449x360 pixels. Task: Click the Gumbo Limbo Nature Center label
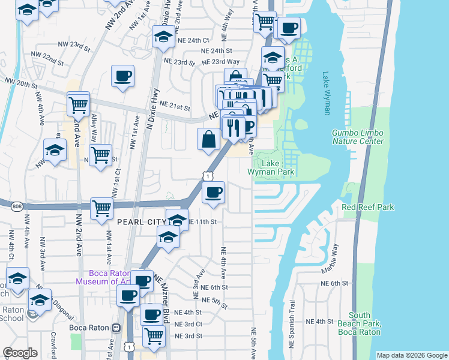(357, 136)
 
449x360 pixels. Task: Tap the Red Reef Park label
(368, 207)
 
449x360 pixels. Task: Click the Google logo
(20, 353)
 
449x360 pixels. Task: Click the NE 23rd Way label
(221, 62)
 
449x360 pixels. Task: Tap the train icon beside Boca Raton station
(116, 329)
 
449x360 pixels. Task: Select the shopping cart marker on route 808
(102, 209)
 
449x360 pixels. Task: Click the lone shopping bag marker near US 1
(208, 140)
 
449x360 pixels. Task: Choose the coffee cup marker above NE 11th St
(213, 192)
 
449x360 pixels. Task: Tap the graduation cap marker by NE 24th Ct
(161, 37)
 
